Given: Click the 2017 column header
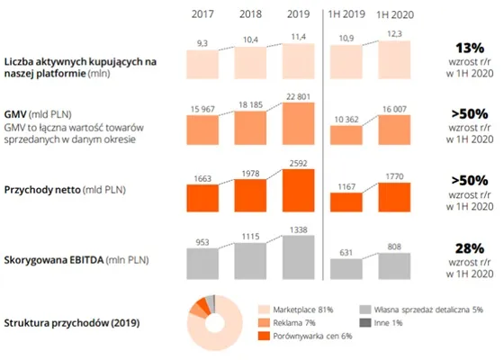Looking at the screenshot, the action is click(x=202, y=14).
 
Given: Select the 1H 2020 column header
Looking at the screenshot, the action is click(x=395, y=14).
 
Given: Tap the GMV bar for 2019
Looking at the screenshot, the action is click(x=298, y=124).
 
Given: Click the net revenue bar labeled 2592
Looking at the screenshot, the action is click(x=298, y=190).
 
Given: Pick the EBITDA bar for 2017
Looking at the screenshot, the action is click(x=202, y=264).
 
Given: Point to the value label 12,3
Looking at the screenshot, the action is click(x=395, y=34).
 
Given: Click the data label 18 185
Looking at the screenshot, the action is click(x=251, y=104).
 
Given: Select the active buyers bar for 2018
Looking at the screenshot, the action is click(x=250, y=63).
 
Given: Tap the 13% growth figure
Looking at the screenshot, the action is click(x=470, y=49).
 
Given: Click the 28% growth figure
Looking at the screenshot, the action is click(x=470, y=248).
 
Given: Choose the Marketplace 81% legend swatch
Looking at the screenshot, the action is click(x=264, y=310).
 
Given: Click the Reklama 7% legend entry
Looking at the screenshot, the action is click(x=287, y=323).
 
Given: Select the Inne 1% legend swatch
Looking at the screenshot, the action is click(x=365, y=323).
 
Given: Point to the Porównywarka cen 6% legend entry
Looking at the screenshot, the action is click(x=305, y=337).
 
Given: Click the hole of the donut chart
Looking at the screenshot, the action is click(x=215, y=323).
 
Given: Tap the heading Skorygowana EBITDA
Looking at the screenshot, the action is click(x=54, y=260).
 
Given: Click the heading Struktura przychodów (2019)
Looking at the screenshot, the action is click(x=72, y=323).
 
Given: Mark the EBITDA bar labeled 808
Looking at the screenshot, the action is click(x=394, y=266).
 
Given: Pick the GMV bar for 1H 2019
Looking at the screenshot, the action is click(x=346, y=135).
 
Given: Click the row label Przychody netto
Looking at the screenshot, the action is click(x=42, y=190).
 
